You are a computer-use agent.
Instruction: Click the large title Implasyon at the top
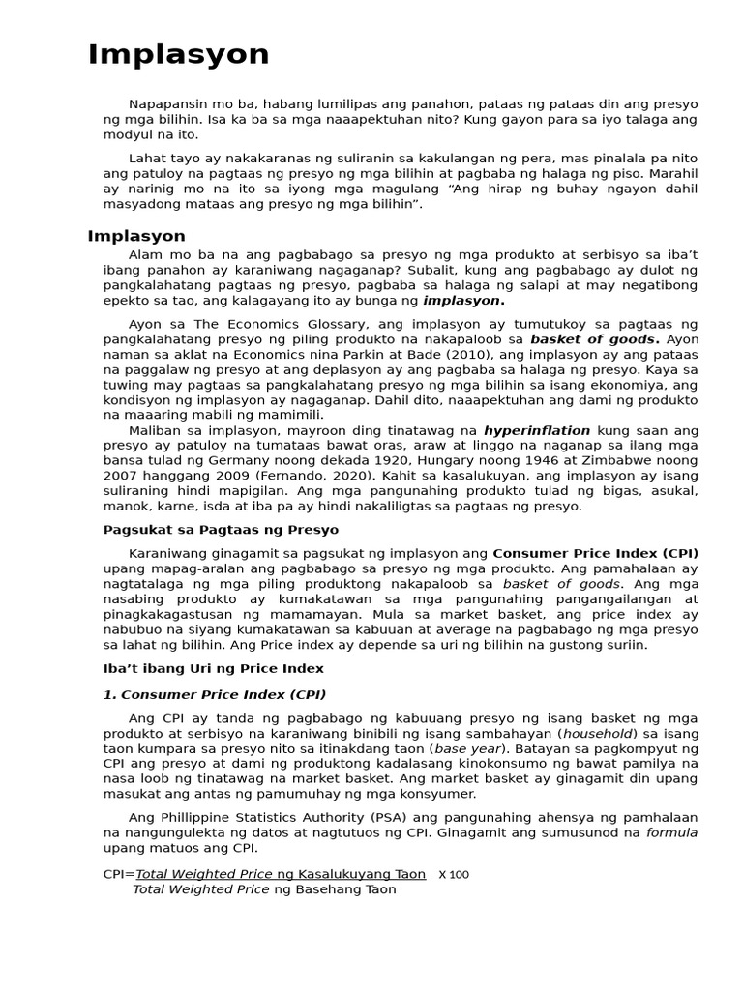pos(179,55)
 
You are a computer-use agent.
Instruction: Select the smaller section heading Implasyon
pos(136,236)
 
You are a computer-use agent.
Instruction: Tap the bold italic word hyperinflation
pos(537,429)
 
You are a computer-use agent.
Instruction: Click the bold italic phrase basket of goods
pos(595,339)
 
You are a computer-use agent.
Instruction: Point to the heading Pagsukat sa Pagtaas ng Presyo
pos(221,530)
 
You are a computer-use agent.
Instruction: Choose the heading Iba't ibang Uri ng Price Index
pos(213,668)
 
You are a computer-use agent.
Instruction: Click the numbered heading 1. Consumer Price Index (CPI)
pos(215,694)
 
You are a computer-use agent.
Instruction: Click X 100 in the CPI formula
pos(453,875)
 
